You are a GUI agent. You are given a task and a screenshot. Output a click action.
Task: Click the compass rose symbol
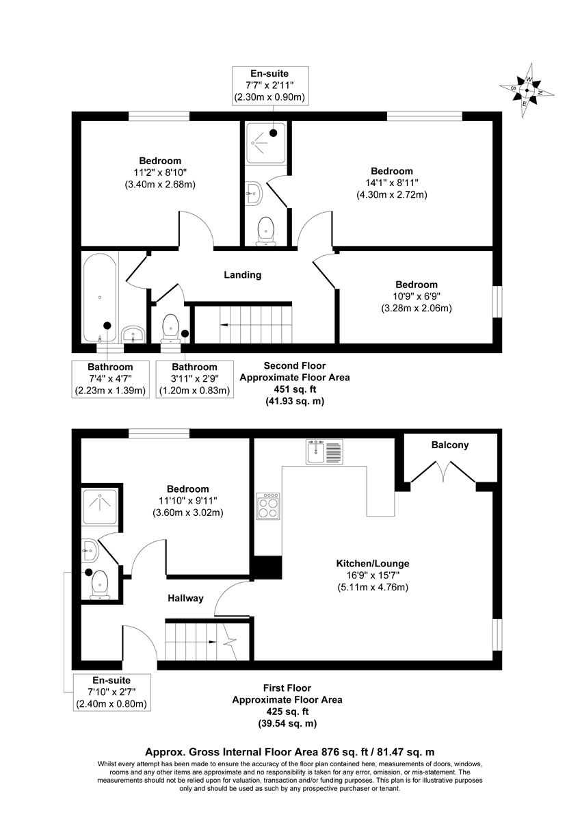(527, 90)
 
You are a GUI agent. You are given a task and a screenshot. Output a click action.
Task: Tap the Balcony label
(449, 445)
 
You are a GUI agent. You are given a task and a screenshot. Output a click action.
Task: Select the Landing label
(243, 275)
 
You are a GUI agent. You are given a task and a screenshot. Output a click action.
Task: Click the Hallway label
(185, 598)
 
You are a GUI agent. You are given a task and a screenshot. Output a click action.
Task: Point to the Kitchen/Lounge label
(373, 563)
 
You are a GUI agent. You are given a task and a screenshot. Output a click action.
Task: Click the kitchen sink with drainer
(324, 452)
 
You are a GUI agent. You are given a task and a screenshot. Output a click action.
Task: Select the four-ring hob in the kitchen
(268, 506)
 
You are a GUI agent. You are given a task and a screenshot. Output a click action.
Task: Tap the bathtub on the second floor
(100, 298)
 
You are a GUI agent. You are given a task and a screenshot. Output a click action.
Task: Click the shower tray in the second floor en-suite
(265, 143)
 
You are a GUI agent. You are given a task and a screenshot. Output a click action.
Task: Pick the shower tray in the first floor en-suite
(100, 506)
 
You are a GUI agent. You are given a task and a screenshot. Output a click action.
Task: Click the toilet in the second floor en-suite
(265, 232)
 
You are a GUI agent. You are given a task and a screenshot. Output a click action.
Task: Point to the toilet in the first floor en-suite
(100, 584)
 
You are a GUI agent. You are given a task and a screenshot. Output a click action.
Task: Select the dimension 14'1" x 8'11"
(392, 183)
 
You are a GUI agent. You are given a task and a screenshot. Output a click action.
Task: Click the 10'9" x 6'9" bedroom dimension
(417, 296)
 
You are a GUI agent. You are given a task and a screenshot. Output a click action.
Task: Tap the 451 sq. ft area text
(295, 389)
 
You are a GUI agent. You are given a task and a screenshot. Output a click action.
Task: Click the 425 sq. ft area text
(287, 712)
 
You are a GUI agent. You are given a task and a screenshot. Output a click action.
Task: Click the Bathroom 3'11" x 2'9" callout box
(194, 379)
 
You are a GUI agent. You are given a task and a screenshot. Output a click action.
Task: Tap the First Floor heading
(287, 688)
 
